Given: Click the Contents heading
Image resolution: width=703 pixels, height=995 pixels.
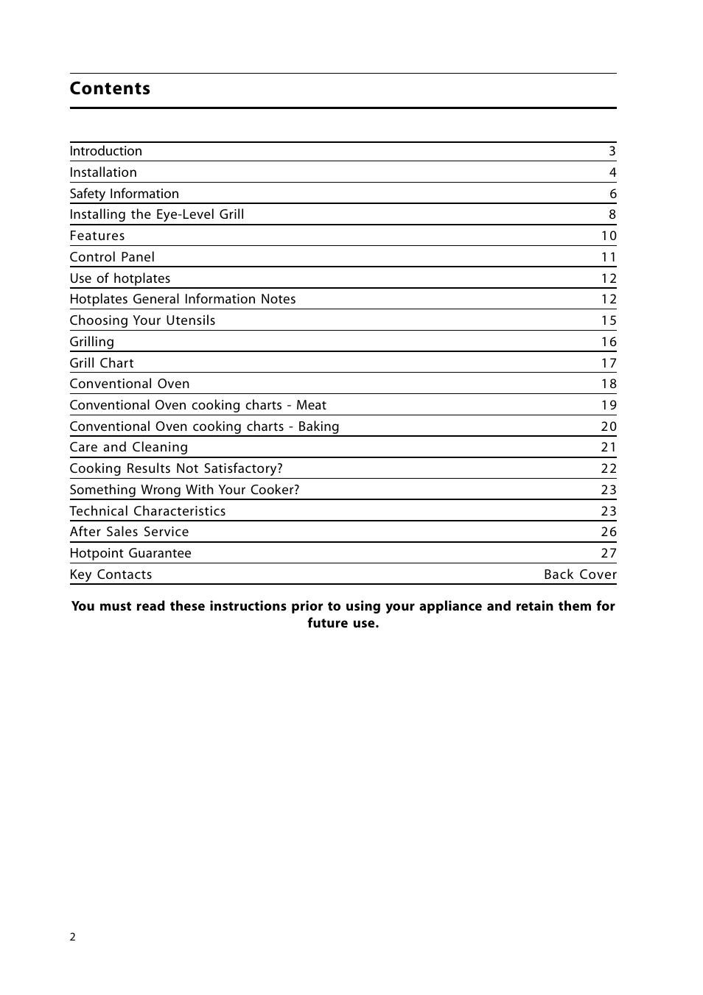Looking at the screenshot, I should pyautogui.click(x=110, y=89).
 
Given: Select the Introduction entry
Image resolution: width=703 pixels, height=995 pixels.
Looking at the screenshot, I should pyautogui.click(x=105, y=151).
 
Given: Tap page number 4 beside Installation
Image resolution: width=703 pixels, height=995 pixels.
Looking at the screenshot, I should pyautogui.click(x=612, y=172).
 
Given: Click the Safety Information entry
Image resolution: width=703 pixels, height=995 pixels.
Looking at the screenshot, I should pyautogui.click(x=124, y=194).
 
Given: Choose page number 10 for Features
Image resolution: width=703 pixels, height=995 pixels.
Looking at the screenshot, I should pyautogui.click(x=609, y=236).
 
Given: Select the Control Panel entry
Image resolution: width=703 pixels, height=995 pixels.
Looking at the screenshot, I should pyautogui.click(x=112, y=257).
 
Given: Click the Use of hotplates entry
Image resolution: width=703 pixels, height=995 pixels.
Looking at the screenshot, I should pyautogui.click(x=119, y=278).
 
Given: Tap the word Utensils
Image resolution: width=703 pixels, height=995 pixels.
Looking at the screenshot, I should pyautogui.click(x=191, y=320).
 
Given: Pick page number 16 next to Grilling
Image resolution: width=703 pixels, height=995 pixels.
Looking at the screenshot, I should pyautogui.click(x=609, y=342).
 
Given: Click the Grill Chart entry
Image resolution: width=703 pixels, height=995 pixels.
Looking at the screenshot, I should pyautogui.click(x=102, y=363).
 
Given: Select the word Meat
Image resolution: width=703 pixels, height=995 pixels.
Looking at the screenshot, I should pyautogui.click(x=311, y=405).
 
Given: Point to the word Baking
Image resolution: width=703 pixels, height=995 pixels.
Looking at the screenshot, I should pyautogui.click(x=318, y=426).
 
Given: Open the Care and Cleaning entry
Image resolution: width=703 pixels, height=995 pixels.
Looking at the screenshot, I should pyautogui.click(x=128, y=447).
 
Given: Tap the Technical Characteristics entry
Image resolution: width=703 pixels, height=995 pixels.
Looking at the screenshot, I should pyautogui.click(x=147, y=511).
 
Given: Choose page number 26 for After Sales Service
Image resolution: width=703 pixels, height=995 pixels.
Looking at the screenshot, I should pyautogui.click(x=609, y=532).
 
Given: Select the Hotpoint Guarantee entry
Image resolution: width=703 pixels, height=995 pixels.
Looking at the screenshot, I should pyautogui.click(x=130, y=553).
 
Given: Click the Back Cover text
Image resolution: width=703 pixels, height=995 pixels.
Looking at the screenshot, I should pyautogui.click(x=580, y=574).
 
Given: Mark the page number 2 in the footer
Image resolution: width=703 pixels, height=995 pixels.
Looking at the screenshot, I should pyautogui.click(x=72, y=937).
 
